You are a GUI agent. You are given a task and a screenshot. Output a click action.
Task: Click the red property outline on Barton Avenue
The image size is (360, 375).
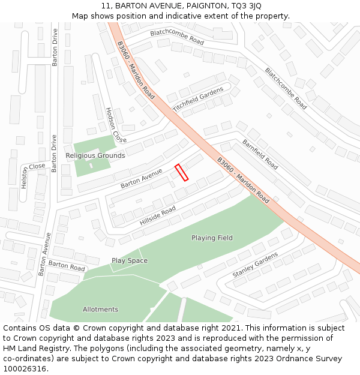click(181, 172)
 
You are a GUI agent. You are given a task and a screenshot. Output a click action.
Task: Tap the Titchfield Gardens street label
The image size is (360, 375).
click(198, 99)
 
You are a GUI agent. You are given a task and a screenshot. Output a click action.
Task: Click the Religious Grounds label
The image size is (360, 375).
click(95, 155)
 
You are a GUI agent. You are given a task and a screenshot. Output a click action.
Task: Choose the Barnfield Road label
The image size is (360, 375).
click(260, 154)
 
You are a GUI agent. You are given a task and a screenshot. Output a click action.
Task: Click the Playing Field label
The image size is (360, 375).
click(212, 238)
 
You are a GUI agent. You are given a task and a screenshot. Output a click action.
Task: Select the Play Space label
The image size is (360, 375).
click(130, 261)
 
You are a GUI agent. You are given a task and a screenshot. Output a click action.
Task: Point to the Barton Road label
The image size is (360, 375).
click(67, 265)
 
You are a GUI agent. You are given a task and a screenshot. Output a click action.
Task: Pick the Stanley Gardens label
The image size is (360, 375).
click(256, 265)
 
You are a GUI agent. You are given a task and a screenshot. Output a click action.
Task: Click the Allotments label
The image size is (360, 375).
click(100, 310)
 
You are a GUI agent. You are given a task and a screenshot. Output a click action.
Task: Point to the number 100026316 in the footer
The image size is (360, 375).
click(25, 369)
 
